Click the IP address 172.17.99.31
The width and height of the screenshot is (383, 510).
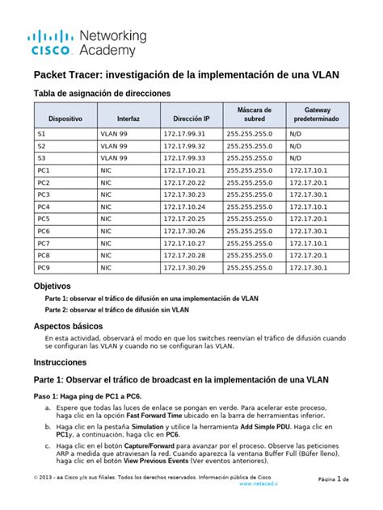[x=185, y=134]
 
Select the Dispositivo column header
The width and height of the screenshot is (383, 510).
[x=65, y=118]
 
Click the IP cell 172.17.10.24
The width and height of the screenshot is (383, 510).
[x=185, y=207]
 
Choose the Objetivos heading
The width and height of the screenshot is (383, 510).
[x=53, y=286]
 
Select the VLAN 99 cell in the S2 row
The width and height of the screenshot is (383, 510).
[x=113, y=146]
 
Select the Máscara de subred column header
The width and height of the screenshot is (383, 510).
[x=255, y=114]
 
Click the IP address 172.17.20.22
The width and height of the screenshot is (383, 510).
[x=185, y=182]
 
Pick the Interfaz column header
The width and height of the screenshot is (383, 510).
[x=128, y=118]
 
